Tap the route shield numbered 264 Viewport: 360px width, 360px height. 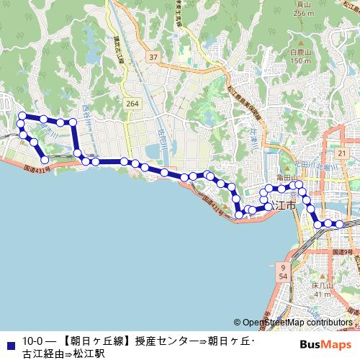click(x=131, y=104)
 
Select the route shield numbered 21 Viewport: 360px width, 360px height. click(x=341, y=154)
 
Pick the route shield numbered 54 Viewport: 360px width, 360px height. click(x=283, y=276)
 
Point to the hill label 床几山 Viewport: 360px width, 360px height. click(x=321, y=286)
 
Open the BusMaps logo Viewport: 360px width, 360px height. click(x=330, y=343)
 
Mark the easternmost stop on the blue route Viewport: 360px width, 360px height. click(x=339, y=224)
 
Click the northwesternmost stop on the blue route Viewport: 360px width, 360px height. click(x=22, y=116)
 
